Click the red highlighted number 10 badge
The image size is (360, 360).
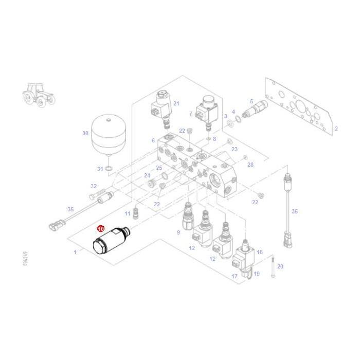pos(101,228)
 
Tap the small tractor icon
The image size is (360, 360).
pos(39,95)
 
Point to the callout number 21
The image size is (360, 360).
pos(176,103)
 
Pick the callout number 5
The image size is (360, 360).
pos(251,101)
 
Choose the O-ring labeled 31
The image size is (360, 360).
pos(109,169)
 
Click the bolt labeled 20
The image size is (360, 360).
pos(273,267)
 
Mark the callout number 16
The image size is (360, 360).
pos(260,252)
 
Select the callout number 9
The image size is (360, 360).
pos(178,232)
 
